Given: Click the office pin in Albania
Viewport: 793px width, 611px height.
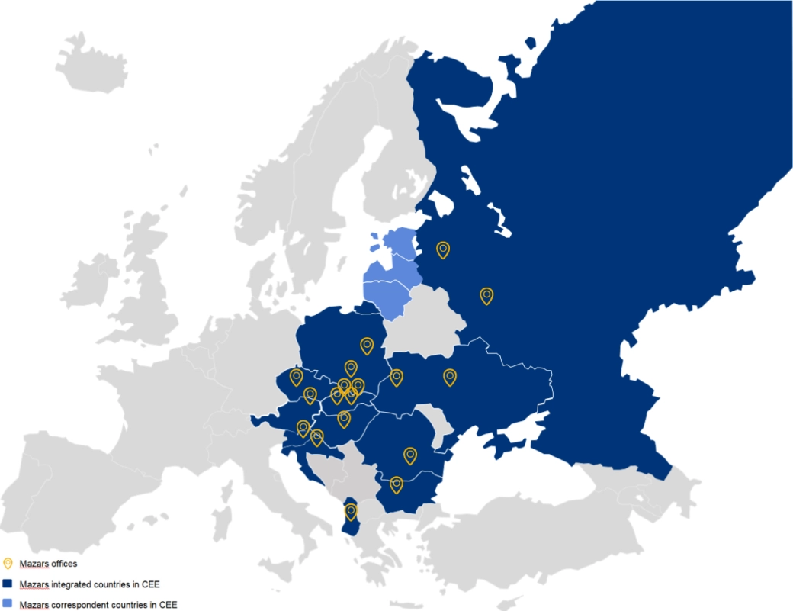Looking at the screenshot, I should point(351,510).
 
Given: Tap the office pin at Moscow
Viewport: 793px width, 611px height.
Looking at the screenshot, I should point(486,295).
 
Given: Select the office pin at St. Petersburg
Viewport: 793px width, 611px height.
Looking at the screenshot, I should point(443,249).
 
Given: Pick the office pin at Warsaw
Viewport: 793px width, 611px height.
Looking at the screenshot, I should point(367,346).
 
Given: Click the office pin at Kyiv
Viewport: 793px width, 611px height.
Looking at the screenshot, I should point(450,376).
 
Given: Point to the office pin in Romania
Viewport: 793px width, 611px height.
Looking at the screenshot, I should point(410,455).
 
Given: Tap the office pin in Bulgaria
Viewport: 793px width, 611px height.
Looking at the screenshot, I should point(396,484).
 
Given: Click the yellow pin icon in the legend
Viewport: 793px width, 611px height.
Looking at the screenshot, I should point(8,564).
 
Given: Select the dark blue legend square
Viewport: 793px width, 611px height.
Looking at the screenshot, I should point(8,584).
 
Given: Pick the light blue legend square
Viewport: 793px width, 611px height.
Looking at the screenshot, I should point(8,603).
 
